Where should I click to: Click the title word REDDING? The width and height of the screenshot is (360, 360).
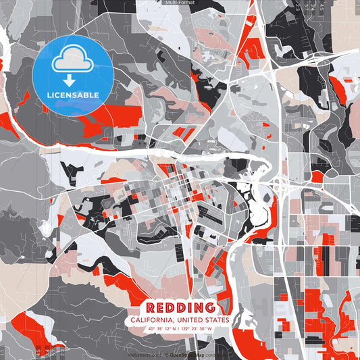180,308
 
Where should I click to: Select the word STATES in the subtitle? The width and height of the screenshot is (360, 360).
215,319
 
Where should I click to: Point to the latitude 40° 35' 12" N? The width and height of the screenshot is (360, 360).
163,329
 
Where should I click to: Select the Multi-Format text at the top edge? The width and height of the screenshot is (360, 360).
180,3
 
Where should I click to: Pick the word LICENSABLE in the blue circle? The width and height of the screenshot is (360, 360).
72,95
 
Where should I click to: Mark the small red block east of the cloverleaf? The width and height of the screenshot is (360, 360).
317,176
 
